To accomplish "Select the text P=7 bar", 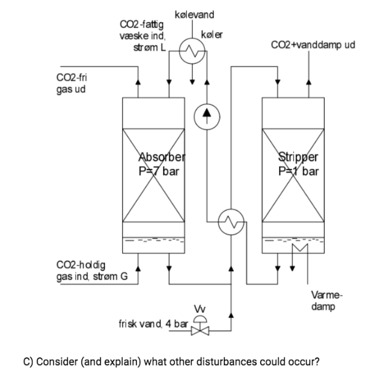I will (158, 170).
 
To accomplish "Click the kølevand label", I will (194, 14).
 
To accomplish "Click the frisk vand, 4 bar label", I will (154, 324).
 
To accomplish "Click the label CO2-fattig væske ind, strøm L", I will (141, 35).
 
